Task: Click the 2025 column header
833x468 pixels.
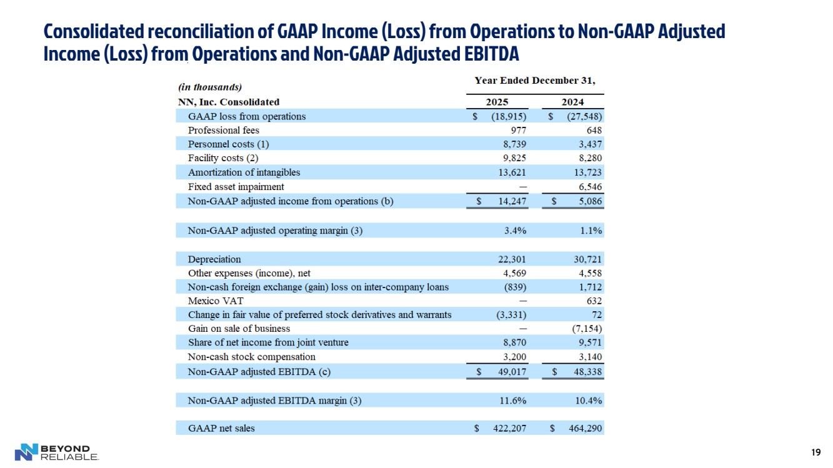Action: click(497, 102)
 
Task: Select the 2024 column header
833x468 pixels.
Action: click(572, 102)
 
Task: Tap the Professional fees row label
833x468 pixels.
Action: click(223, 130)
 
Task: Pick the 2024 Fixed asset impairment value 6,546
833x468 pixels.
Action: click(587, 187)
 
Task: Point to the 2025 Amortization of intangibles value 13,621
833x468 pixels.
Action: click(512, 172)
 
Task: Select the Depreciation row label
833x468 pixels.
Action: click(214, 259)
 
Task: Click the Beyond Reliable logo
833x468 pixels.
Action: click(56, 452)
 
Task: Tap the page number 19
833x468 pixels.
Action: click(815, 452)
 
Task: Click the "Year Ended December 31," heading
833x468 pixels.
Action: click(535, 81)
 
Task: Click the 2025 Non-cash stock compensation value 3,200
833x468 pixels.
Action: click(514, 357)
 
